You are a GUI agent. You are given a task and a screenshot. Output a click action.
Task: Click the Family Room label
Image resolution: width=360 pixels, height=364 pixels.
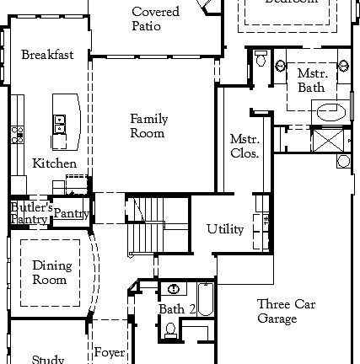[x=148, y=126]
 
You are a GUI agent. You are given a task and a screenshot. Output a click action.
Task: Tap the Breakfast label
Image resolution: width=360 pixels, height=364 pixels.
[x=47, y=55]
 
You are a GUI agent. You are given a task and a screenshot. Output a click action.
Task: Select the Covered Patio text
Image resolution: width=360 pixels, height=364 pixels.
[x=155, y=19]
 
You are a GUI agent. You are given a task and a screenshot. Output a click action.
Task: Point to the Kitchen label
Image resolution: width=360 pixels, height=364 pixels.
[x=54, y=163]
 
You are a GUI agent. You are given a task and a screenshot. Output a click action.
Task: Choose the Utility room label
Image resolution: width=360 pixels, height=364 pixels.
[x=225, y=229]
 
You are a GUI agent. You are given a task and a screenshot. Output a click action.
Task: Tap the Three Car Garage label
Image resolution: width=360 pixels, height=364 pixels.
[x=286, y=311]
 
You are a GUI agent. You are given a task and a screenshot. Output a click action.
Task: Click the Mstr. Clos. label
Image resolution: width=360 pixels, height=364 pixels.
[x=244, y=146]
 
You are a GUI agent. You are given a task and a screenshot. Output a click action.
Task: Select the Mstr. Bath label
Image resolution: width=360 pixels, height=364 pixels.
[x=311, y=81]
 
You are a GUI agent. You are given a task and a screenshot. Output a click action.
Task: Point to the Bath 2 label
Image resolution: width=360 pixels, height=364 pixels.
[x=177, y=310]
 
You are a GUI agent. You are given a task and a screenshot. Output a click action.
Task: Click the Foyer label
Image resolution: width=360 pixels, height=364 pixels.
[x=110, y=352]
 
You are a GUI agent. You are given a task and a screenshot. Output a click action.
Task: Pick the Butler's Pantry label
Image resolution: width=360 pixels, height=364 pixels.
[x=30, y=213]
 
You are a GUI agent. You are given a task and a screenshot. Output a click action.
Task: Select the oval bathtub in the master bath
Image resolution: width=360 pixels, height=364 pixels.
[x=330, y=110]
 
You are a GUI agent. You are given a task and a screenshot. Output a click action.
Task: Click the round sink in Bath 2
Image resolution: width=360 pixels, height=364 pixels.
[x=175, y=288]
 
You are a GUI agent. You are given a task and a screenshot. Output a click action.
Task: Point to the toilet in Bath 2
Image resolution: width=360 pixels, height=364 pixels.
[x=171, y=330]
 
